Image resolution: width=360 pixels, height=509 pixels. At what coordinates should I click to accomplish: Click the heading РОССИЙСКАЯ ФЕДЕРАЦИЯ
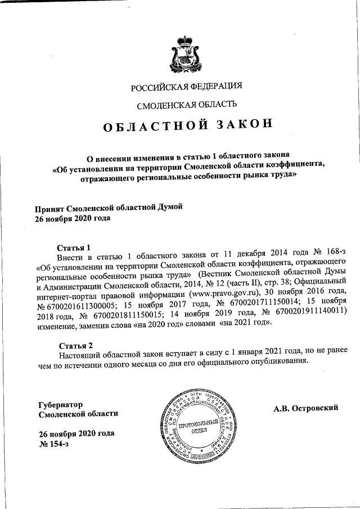pos(186,87)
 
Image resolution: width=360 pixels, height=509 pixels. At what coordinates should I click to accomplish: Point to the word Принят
pos(50,208)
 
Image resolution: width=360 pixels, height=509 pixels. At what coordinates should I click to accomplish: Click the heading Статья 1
pos(74,247)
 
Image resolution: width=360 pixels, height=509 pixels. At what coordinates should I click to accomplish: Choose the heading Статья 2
pos(75,344)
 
